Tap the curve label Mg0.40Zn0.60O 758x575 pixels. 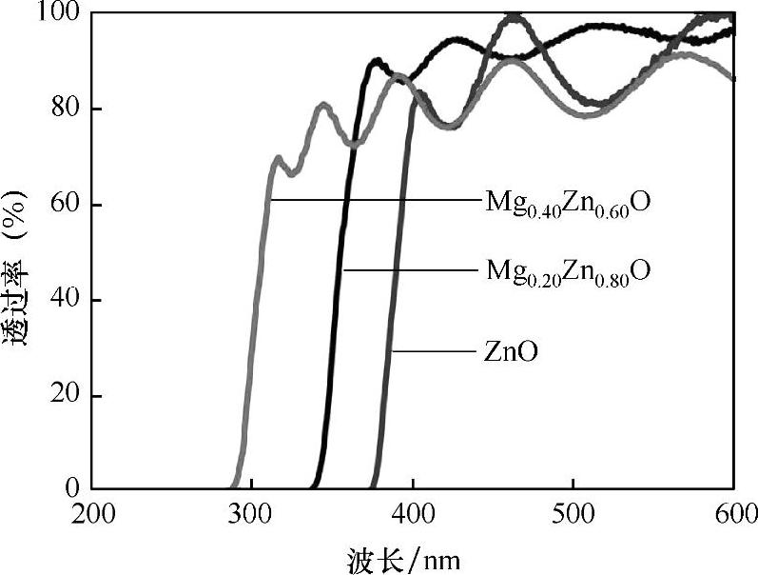pos(568,203)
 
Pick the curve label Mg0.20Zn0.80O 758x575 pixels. pos(568,270)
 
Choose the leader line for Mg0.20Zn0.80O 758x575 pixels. pos(409,270)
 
